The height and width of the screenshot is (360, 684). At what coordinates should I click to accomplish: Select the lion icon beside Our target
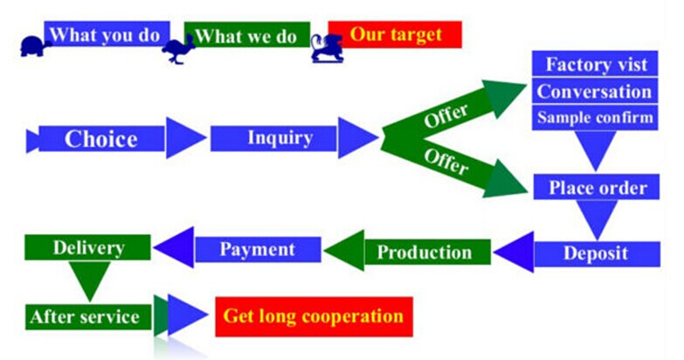(x=328, y=49)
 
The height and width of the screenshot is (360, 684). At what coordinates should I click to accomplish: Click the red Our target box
(x=395, y=34)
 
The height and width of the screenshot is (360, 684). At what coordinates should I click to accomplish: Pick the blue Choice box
(x=101, y=139)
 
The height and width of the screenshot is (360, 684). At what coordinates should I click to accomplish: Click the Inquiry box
(x=273, y=138)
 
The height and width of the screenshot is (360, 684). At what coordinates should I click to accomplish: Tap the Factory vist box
(x=595, y=64)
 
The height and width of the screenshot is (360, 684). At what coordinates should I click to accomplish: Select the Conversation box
(x=595, y=91)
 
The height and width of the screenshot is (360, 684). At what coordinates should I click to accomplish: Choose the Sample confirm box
(x=595, y=118)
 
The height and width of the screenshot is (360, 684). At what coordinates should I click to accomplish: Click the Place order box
(x=597, y=187)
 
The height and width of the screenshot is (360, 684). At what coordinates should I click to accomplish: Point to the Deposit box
(x=598, y=253)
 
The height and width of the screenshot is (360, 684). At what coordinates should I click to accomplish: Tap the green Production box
(x=427, y=252)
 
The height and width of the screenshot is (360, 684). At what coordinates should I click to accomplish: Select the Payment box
(x=258, y=250)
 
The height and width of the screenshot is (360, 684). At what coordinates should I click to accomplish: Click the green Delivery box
(x=87, y=247)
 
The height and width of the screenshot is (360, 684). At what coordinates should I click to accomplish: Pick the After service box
(x=88, y=317)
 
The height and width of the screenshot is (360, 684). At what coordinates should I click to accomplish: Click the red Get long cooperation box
(x=314, y=317)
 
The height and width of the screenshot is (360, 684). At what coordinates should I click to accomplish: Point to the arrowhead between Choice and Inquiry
(x=185, y=138)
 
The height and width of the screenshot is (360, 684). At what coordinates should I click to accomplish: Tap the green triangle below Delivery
(x=90, y=280)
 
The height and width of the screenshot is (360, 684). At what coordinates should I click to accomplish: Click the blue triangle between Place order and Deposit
(x=597, y=218)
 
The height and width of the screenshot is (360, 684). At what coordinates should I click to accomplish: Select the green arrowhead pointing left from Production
(x=345, y=251)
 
